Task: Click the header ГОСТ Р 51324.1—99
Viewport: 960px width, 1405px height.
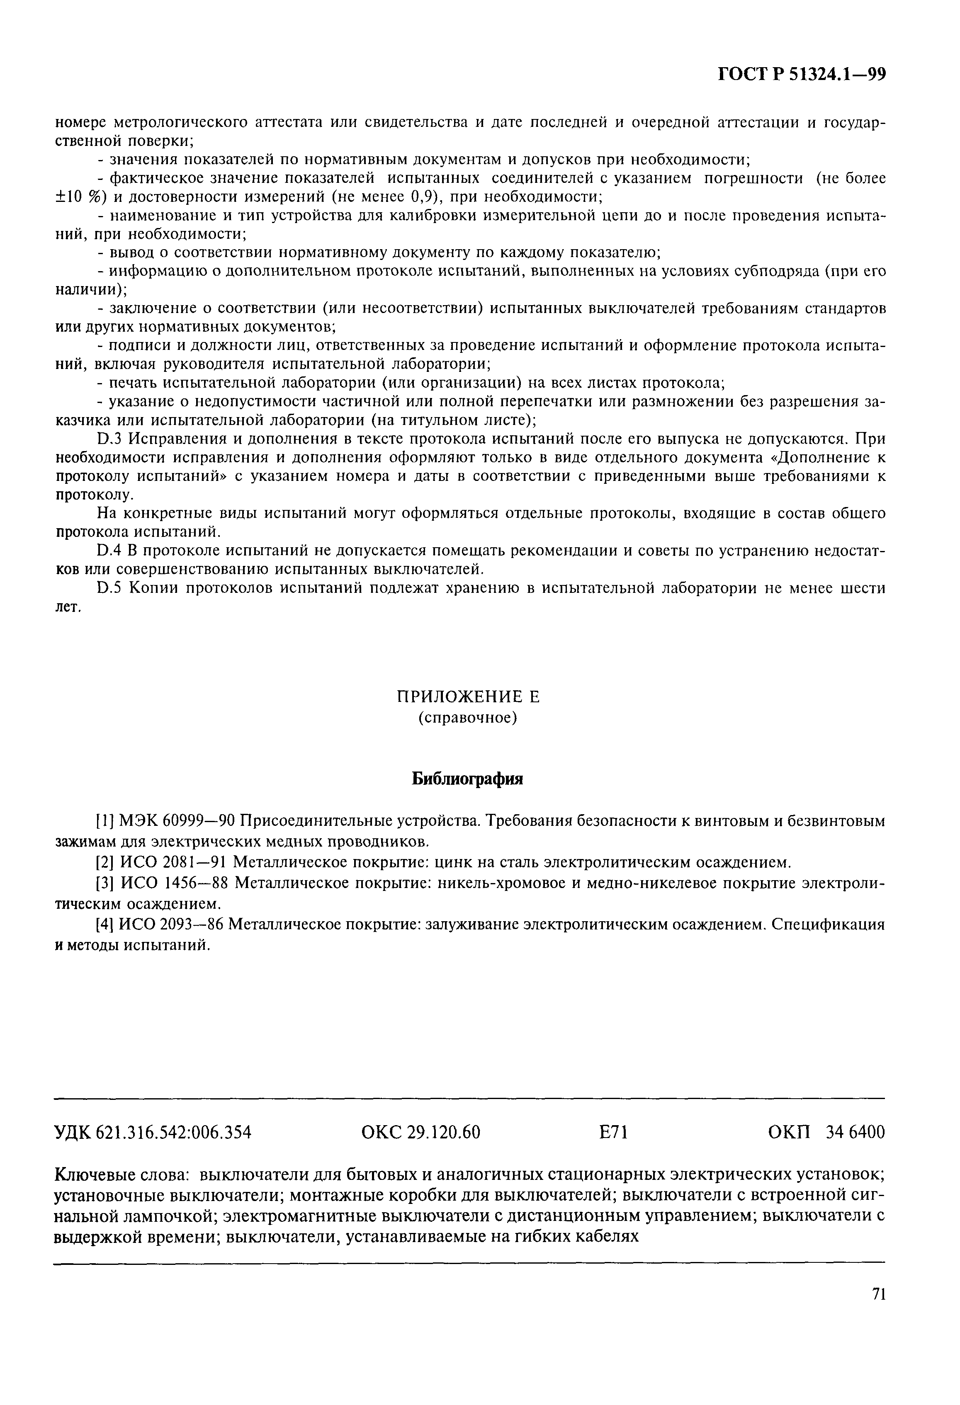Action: click(x=802, y=74)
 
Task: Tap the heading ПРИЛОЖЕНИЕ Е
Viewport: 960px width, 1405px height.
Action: click(x=467, y=697)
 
